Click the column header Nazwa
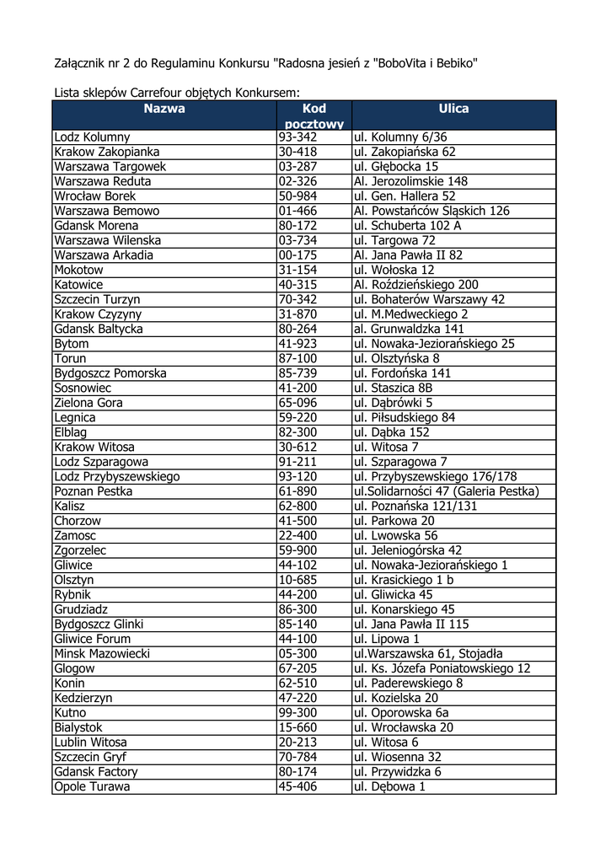click(163, 109)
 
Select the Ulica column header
click(453, 109)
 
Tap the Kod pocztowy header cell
click(314, 116)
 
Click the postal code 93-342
click(297, 137)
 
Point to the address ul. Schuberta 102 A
click(408, 226)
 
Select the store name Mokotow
click(78, 271)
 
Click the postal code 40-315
click(297, 285)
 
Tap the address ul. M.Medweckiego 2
click(410, 314)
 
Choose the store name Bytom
click(71, 344)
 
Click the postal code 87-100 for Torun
click(297, 359)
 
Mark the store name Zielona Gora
click(88, 403)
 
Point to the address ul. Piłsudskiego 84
click(405, 418)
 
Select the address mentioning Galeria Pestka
click(446, 491)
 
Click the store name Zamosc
click(75, 536)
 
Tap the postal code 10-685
click(297, 580)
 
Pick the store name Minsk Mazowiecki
click(101, 654)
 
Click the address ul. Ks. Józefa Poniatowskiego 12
click(442, 668)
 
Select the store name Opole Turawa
click(92, 787)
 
